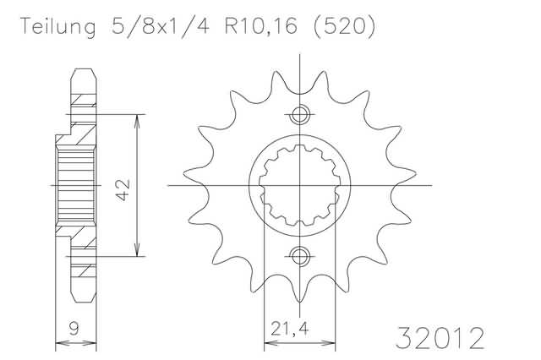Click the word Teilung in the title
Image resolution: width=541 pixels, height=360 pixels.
[58, 26]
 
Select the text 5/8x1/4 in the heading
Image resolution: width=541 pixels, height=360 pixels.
[161, 26]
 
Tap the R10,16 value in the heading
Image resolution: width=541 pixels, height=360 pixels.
[261, 26]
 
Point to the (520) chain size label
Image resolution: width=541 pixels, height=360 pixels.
[344, 26]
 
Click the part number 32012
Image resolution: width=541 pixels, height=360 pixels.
[440, 338]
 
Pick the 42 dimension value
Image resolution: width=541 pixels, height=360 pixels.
[123, 189]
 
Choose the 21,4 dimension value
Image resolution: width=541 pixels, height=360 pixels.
[289, 329]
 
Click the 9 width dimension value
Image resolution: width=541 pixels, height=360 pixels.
[74, 329]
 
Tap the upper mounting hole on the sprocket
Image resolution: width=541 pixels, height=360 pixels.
[299, 114]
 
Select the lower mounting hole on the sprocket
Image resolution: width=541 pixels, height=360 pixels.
[299, 256]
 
